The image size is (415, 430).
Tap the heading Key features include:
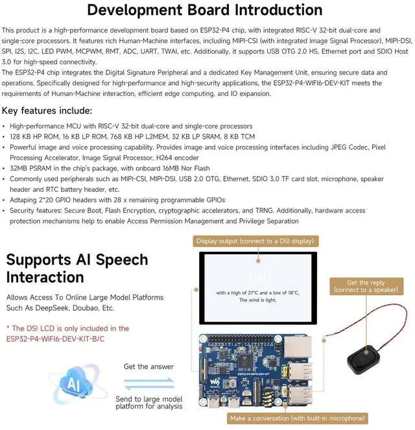[47, 110]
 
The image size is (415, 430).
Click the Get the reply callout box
[365, 287]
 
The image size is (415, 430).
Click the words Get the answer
[148, 366]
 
